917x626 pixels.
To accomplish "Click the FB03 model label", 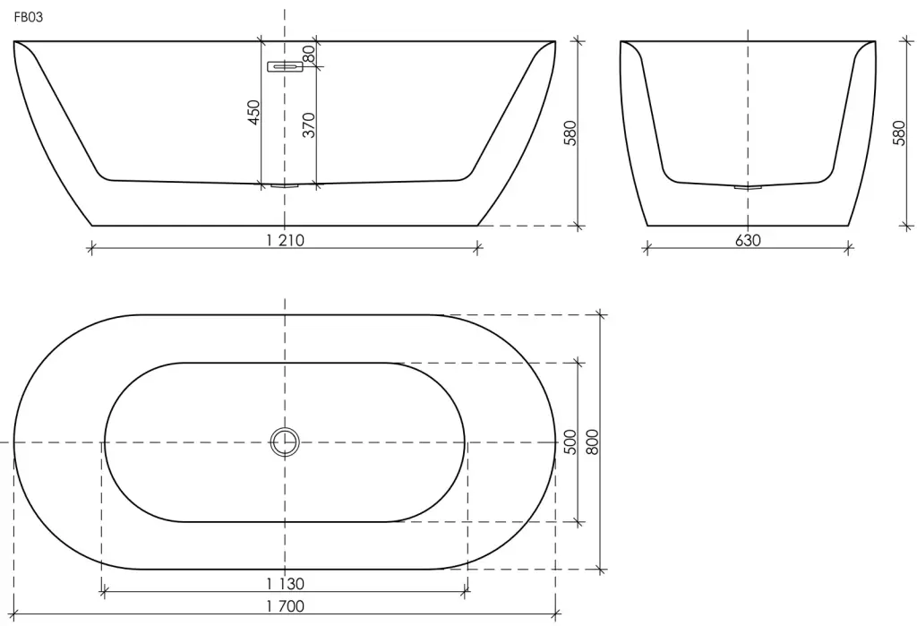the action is tap(28, 18).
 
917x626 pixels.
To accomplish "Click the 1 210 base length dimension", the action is tap(285, 240).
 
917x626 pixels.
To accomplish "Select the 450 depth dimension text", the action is tap(253, 112).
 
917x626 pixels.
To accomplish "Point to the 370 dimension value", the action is tap(309, 125).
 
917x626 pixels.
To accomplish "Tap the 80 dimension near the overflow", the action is tap(309, 54).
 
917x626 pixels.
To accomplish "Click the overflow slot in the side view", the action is tap(285, 66).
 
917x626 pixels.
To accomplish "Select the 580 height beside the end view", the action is tap(900, 133).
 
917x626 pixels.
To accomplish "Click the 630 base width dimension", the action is tap(748, 240).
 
